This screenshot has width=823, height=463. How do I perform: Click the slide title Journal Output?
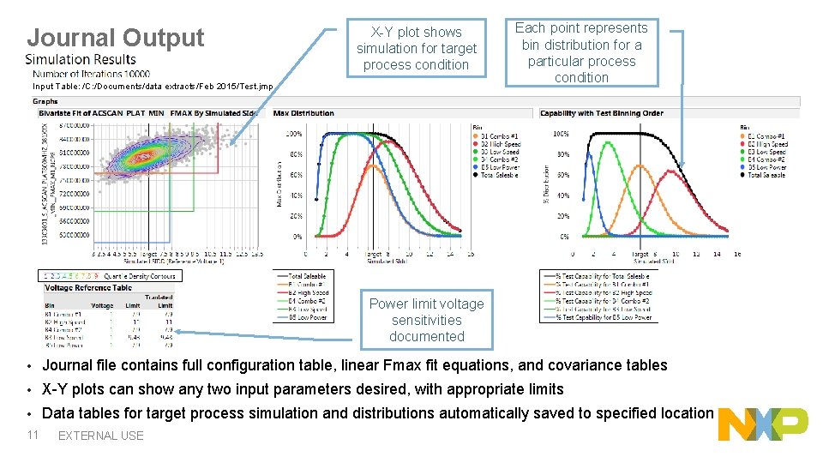click(116, 38)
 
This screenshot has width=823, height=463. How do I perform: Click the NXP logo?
click(763, 424)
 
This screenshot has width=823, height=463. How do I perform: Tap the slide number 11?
click(33, 435)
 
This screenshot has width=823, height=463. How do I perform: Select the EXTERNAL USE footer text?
click(100, 436)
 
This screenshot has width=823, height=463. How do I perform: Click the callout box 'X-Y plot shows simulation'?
click(416, 48)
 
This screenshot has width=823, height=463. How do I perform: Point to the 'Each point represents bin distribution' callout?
click(581, 52)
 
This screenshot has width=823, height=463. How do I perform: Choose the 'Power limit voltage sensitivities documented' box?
click(426, 320)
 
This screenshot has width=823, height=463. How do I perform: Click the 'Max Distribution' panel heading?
click(303, 113)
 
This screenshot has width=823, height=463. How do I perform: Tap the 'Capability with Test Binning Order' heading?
click(601, 113)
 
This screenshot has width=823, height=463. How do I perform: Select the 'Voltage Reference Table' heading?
click(88, 288)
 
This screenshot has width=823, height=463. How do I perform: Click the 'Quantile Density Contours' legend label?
click(140, 276)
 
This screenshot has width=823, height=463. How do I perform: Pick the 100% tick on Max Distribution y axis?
click(293, 135)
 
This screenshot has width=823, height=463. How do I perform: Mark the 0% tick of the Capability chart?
click(564, 237)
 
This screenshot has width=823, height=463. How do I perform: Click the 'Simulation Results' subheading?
click(81, 59)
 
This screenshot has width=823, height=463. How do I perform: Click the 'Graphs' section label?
click(45, 101)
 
